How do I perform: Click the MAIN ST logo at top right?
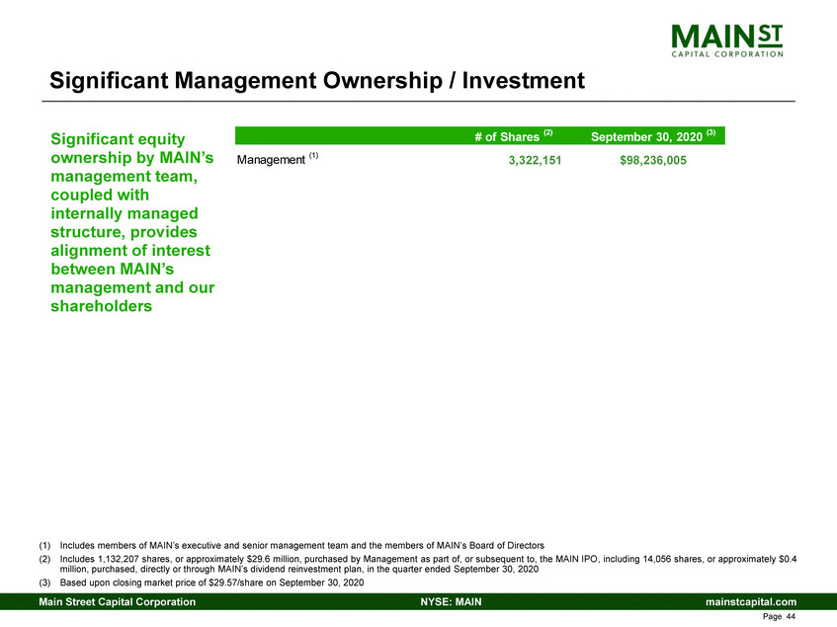(x=726, y=40)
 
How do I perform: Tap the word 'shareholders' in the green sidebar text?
(x=101, y=306)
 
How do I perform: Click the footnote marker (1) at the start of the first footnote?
(x=46, y=545)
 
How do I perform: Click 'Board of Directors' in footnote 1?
(x=503, y=545)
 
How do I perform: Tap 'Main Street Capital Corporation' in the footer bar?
(x=117, y=601)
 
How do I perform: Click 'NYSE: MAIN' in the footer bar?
(x=451, y=601)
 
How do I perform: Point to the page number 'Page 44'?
(x=782, y=617)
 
